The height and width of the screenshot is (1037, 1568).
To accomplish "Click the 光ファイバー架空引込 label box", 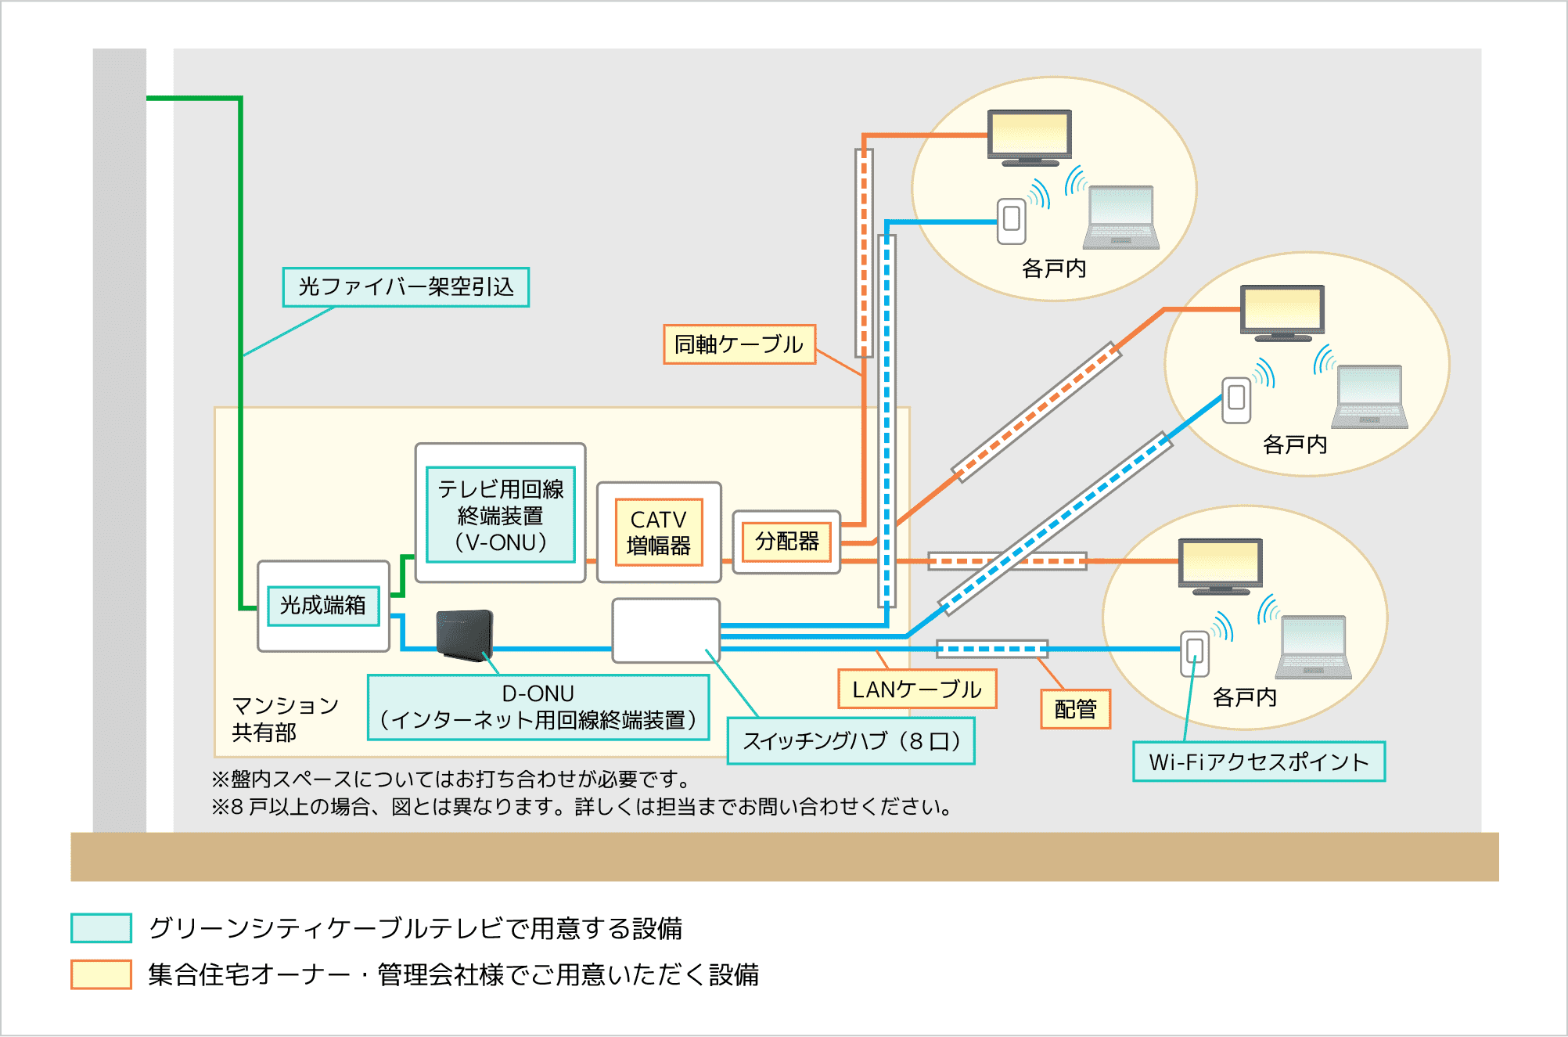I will pyautogui.click(x=405, y=287).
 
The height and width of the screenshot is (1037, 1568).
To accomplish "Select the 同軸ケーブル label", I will pyautogui.click(x=739, y=344).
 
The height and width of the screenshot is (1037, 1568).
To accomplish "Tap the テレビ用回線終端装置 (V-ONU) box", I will pyautogui.click(x=501, y=515).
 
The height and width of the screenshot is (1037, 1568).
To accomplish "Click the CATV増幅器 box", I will pyautogui.click(x=658, y=532).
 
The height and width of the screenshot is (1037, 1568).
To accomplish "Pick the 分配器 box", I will pyautogui.click(x=786, y=542).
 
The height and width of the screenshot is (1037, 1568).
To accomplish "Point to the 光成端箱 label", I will pyautogui.click(x=323, y=606).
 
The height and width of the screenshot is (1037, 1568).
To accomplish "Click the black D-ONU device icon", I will pyautogui.click(x=465, y=634).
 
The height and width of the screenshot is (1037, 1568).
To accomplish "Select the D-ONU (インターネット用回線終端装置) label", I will pyautogui.click(x=538, y=708).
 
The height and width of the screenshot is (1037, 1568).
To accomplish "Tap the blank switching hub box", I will pyautogui.click(x=666, y=631).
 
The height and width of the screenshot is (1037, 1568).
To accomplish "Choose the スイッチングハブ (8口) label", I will pyautogui.click(x=851, y=741).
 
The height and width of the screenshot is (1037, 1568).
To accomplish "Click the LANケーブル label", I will pyautogui.click(x=917, y=690).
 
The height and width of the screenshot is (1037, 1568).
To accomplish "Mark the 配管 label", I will pyautogui.click(x=1075, y=709).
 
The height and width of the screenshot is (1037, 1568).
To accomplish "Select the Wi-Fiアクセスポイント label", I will pyautogui.click(x=1258, y=762).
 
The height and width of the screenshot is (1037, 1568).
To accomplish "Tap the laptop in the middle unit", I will pyautogui.click(x=1369, y=397).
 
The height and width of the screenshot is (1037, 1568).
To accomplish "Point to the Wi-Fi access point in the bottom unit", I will pyautogui.click(x=1195, y=653).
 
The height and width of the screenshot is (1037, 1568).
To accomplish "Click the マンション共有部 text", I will pyautogui.click(x=285, y=719).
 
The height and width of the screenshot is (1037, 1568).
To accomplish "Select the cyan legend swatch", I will pyautogui.click(x=101, y=928).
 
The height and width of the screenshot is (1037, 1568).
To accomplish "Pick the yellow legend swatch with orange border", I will pyautogui.click(x=101, y=974).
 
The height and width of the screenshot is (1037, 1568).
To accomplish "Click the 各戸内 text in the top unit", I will pyautogui.click(x=1054, y=269).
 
